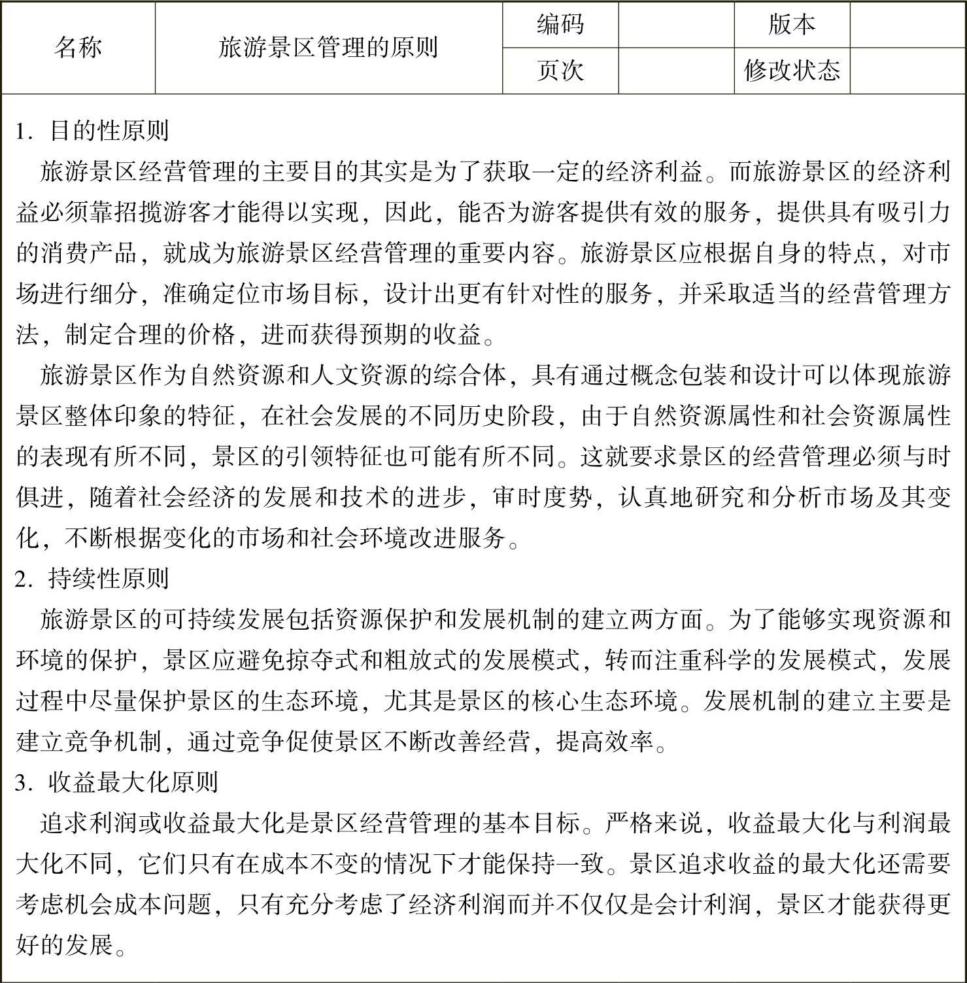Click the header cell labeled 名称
pyautogui.click(x=78, y=48)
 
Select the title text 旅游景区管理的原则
pyautogui.click(x=328, y=48)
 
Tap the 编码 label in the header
pyautogui.click(x=560, y=25)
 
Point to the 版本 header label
pyautogui.click(x=791, y=25)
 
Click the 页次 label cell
pyautogui.click(x=560, y=71)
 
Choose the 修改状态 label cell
pyautogui.click(x=791, y=71)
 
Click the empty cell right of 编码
pyautogui.click(x=676, y=25)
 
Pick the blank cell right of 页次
pyautogui.click(x=676, y=71)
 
